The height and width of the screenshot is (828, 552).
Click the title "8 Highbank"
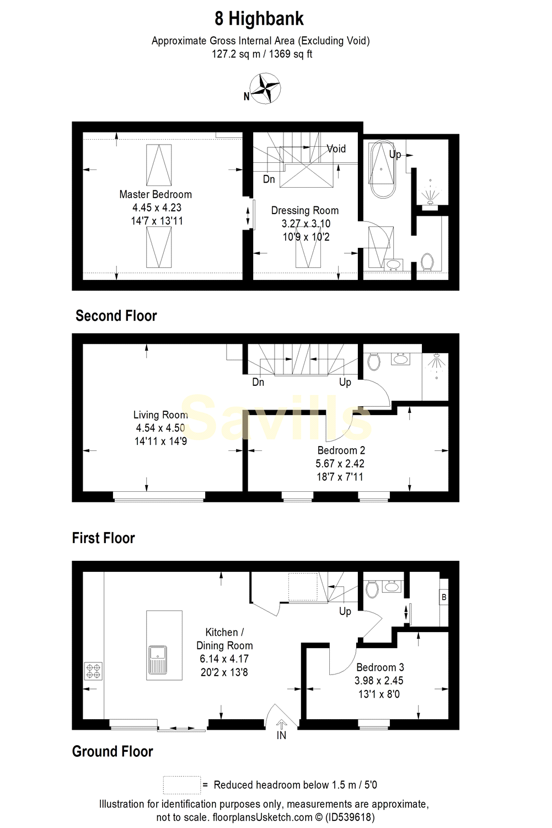click(259, 19)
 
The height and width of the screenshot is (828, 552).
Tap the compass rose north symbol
click(265, 88)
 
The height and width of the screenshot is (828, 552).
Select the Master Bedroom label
click(156, 194)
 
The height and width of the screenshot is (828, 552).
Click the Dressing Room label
click(304, 210)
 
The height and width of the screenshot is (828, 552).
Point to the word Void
click(336, 148)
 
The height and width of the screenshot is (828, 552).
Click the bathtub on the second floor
click(382, 169)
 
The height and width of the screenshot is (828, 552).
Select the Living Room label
click(160, 415)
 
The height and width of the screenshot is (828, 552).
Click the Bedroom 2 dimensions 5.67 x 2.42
click(340, 464)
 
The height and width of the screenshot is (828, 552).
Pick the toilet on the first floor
click(374, 362)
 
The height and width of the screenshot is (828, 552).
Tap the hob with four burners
click(93, 671)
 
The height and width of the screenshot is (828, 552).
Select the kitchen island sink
click(157, 660)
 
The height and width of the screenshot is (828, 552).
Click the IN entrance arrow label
click(281, 735)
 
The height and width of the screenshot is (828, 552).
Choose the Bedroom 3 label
click(380, 667)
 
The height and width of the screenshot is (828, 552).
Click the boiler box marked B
click(444, 597)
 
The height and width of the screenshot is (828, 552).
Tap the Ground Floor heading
click(112, 751)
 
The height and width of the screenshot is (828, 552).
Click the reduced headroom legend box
click(181, 784)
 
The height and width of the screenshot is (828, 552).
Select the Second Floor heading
click(116, 316)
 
